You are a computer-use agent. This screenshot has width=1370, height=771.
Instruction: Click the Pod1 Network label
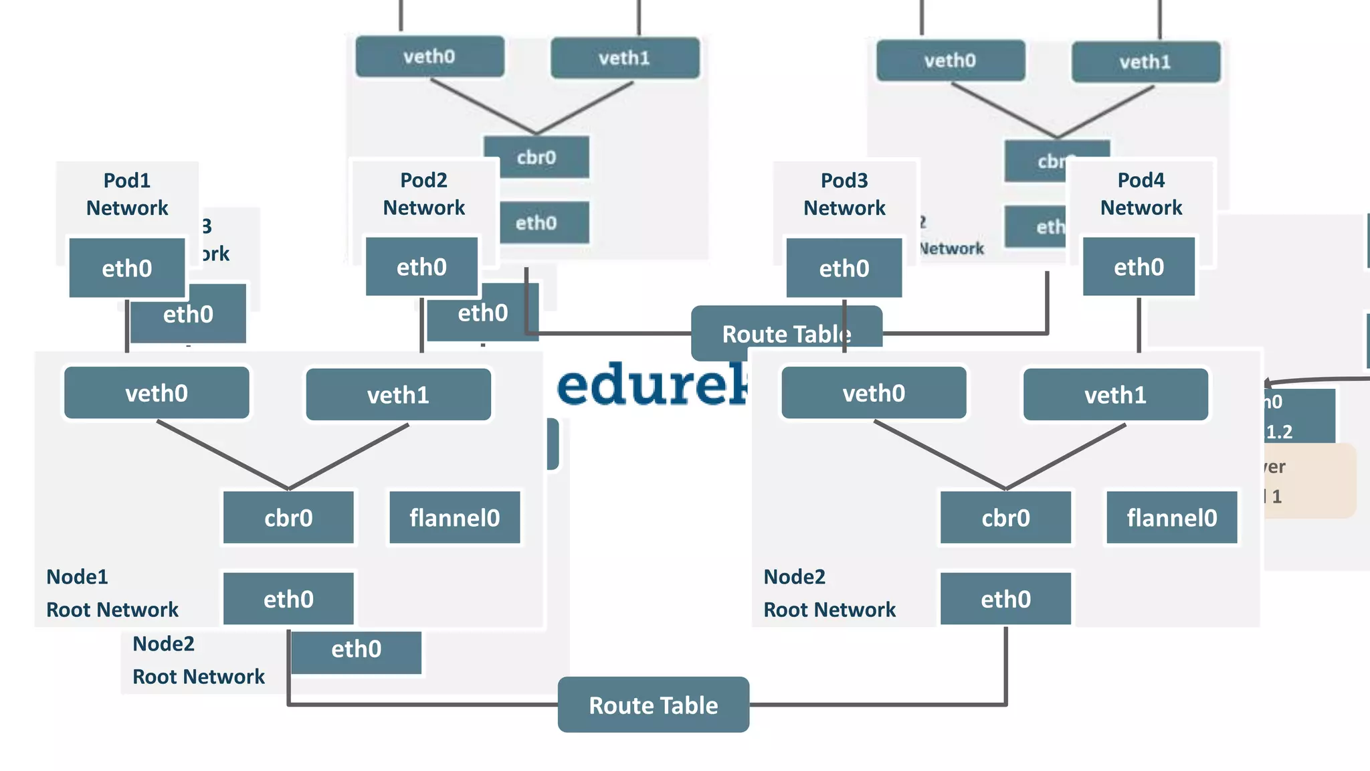127,194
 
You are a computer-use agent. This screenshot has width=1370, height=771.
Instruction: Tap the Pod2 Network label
423,194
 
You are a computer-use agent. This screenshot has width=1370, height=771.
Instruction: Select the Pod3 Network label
844,194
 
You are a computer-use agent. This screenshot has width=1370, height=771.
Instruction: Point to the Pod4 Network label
1141,194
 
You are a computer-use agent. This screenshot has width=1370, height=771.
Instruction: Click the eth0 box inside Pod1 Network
127,268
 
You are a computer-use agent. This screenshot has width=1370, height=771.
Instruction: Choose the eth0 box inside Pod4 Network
1139,266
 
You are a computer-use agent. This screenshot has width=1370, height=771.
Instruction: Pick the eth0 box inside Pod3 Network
844,268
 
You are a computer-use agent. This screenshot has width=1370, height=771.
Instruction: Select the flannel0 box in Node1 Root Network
454,517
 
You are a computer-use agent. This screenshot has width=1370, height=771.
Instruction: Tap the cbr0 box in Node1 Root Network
288,517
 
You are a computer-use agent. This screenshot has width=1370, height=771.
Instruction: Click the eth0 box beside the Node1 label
288,598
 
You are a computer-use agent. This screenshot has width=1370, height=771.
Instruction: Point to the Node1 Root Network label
112,593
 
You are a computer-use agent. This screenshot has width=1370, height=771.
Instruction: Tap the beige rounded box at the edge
1311,481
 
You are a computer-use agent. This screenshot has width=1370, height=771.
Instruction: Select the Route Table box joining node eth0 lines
653,705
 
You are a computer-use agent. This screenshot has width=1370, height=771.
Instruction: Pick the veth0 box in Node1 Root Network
157,393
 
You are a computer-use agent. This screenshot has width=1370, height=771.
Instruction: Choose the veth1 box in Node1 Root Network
398,394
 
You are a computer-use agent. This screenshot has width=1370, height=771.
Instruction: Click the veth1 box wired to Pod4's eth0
1115,394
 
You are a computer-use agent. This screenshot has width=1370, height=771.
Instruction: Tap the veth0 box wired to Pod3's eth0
874,393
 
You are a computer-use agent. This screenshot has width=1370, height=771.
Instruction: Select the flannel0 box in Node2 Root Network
1171,517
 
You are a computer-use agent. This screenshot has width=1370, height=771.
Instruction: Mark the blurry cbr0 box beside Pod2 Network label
536,157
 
